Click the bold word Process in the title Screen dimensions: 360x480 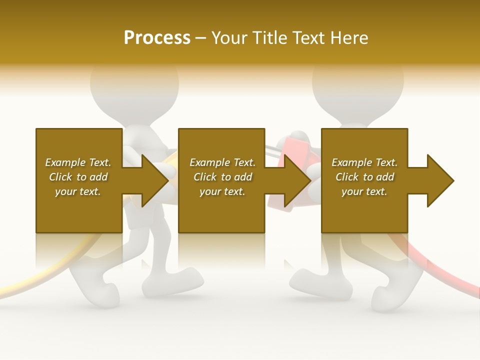coord(157,37)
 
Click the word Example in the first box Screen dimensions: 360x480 coord(65,162)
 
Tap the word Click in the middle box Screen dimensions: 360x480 coord(205,177)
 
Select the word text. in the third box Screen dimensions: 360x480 coord(375,191)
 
